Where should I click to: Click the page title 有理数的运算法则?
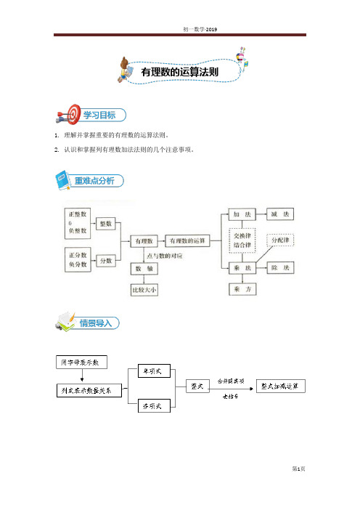[x=179, y=72]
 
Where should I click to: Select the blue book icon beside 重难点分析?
[x=63, y=180]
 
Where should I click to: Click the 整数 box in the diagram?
[x=106, y=224]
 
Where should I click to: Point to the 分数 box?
[x=106, y=261]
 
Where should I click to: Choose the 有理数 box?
[x=144, y=241]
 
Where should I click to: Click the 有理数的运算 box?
[x=187, y=240]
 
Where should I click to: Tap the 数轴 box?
[x=144, y=269]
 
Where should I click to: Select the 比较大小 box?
[x=144, y=290]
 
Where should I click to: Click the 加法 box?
[x=242, y=214]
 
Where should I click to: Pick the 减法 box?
[x=280, y=214]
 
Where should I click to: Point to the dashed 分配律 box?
[x=280, y=240]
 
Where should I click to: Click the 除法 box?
[x=280, y=267]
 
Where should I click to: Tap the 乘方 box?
[x=242, y=289]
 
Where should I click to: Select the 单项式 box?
[x=154, y=371]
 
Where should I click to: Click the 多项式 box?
[x=154, y=406]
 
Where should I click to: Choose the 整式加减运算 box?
[x=281, y=386]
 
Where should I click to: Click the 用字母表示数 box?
[x=81, y=362]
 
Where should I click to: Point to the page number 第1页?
[x=298, y=469]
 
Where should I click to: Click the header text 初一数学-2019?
[x=200, y=29]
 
